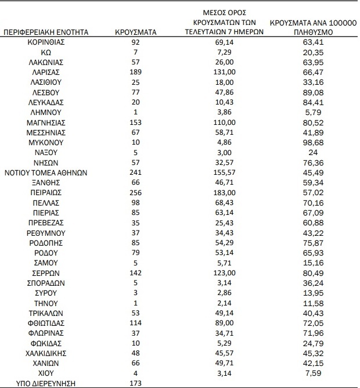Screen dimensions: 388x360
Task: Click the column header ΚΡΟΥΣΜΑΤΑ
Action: pos(136,32)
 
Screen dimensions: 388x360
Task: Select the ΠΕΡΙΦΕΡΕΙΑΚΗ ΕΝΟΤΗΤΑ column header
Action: pos(46,32)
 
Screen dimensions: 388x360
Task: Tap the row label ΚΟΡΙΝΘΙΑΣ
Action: pos(46,42)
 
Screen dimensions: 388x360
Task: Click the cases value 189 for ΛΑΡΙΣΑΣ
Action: pos(136,72)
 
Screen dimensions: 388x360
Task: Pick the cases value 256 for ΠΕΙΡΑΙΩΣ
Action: pos(136,192)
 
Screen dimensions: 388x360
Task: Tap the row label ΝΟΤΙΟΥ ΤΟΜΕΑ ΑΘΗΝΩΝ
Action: pos(46,173)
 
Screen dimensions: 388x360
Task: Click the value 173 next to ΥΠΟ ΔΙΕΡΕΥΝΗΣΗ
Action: pos(136,383)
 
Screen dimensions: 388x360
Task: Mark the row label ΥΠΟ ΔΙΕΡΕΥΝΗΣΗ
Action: pos(46,383)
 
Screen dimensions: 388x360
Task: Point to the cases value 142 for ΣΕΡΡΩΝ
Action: pos(136,272)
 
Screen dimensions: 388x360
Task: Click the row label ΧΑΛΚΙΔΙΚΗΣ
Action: pos(46,353)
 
